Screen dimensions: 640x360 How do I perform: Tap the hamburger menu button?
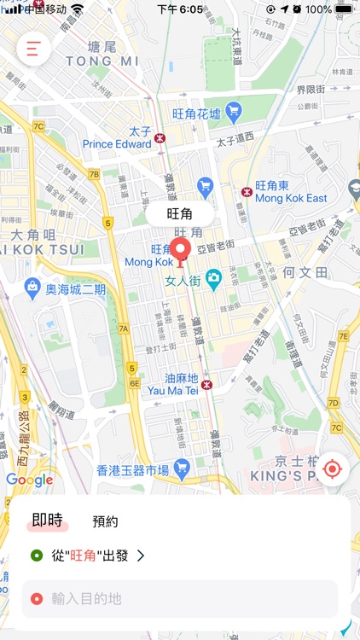[33, 49]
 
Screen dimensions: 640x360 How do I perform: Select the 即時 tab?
[48, 520]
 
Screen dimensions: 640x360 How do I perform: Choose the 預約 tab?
[105, 521]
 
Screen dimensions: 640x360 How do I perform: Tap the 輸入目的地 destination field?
[180, 599]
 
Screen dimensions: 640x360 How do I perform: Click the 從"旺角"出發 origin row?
[90, 556]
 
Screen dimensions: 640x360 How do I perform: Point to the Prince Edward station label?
[117, 144]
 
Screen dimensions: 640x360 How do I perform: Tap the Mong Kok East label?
[291, 198]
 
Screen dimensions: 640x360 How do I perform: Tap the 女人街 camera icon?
[213, 277]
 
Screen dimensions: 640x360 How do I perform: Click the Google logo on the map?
[29, 480]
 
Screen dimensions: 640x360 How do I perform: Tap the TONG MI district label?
[102, 61]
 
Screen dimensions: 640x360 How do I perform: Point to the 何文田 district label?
[305, 272]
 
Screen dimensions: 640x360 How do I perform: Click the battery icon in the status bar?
[344, 9]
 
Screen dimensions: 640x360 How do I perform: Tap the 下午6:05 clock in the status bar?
[180, 9]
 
